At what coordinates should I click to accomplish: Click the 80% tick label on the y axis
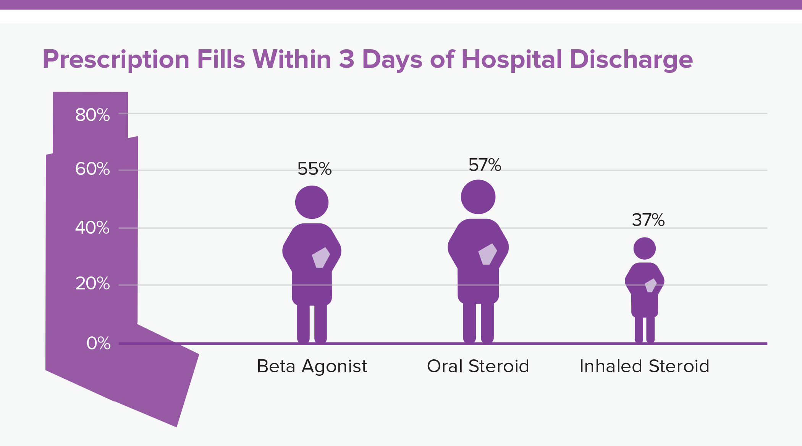(x=92, y=115)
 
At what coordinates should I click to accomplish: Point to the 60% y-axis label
(x=92, y=169)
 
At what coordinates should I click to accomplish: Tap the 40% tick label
(x=92, y=228)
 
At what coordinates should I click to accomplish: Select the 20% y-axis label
(x=92, y=284)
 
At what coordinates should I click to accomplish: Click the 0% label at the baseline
(x=99, y=343)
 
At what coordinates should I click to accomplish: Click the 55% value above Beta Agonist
(x=314, y=169)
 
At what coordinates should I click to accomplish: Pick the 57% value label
(x=485, y=165)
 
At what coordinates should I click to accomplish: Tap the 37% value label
(x=648, y=220)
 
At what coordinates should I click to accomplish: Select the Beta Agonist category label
(x=312, y=366)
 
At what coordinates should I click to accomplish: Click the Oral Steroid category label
(x=478, y=366)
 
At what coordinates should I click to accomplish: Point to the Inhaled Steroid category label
(x=644, y=366)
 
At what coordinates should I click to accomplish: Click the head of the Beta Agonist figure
(x=312, y=202)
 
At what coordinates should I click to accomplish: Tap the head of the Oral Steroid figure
(x=478, y=197)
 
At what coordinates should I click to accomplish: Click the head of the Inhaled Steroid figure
(x=645, y=249)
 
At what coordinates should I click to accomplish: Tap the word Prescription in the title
(x=116, y=60)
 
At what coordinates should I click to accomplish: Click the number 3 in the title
(x=346, y=60)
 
